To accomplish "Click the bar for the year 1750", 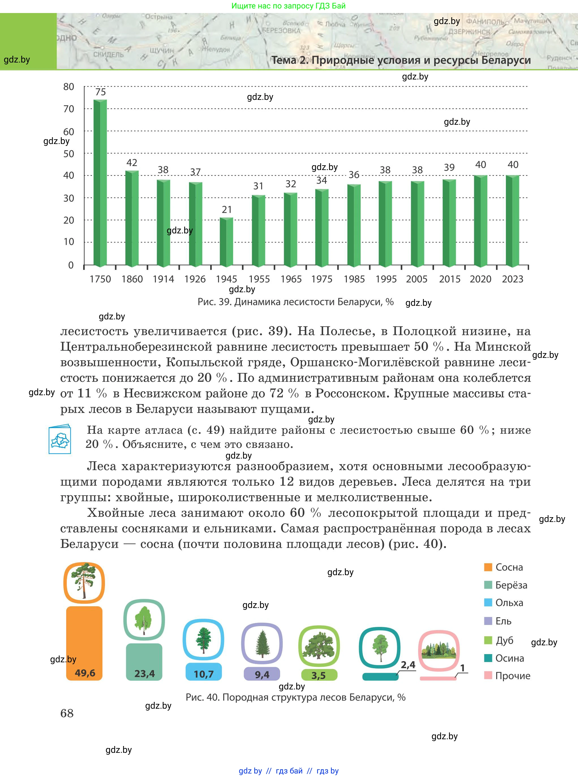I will pyautogui.click(x=100, y=182).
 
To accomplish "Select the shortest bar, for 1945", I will pyautogui.click(x=226, y=242).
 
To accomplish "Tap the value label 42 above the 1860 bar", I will pyautogui.click(x=132, y=163).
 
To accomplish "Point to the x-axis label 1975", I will pyautogui.click(x=322, y=279).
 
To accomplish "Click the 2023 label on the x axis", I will pyautogui.click(x=512, y=279).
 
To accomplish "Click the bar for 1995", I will pyautogui.click(x=385, y=223).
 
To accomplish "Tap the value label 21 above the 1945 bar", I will pyautogui.click(x=227, y=210).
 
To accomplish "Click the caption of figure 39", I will pyautogui.click(x=296, y=302).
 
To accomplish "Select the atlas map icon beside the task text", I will pyautogui.click(x=60, y=439).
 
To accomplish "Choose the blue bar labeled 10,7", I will pyautogui.click(x=204, y=671).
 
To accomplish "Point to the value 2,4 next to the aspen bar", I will pyautogui.click(x=408, y=665).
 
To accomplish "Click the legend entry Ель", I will pyautogui.click(x=503, y=621).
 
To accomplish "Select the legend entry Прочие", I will pyautogui.click(x=512, y=676).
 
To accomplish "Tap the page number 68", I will pyautogui.click(x=67, y=713).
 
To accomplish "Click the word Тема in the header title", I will pyautogui.click(x=284, y=60).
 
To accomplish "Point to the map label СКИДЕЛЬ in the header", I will pyautogui.click(x=108, y=55).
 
